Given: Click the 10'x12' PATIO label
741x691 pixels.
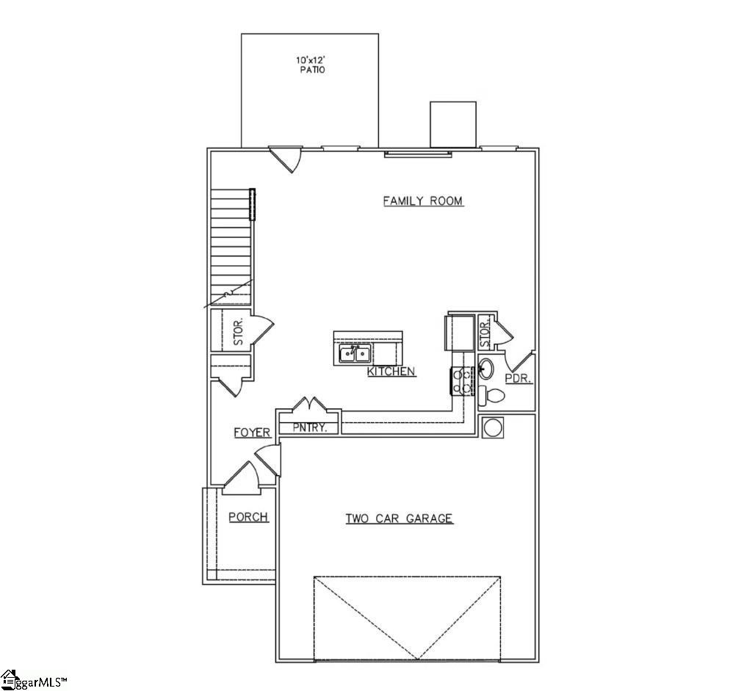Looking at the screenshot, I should coord(310,65).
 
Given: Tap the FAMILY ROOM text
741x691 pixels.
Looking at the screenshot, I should coord(423,200).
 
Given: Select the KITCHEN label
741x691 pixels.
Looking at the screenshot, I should coord(391,372).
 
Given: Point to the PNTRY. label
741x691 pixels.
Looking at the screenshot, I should coord(308,427).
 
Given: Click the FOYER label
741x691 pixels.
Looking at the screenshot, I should coord(252,433).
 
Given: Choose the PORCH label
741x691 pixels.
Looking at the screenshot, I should coord(248,517).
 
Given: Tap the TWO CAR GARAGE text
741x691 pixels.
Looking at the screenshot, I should coord(399,518).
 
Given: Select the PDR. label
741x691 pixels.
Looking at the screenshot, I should coord(523,380).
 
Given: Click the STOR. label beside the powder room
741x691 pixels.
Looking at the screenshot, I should coord(485,334).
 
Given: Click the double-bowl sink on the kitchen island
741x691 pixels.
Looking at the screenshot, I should coord(354,355).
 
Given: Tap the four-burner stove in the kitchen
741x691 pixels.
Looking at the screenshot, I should coord(461,381).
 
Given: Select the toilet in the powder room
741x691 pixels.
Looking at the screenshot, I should coord(493,396).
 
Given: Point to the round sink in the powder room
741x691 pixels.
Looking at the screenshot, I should coord(486,367).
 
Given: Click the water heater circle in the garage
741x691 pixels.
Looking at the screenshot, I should coord(493,427).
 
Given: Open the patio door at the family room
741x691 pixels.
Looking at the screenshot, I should coord(285,157).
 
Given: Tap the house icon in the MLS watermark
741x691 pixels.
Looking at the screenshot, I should coord(9,679).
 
